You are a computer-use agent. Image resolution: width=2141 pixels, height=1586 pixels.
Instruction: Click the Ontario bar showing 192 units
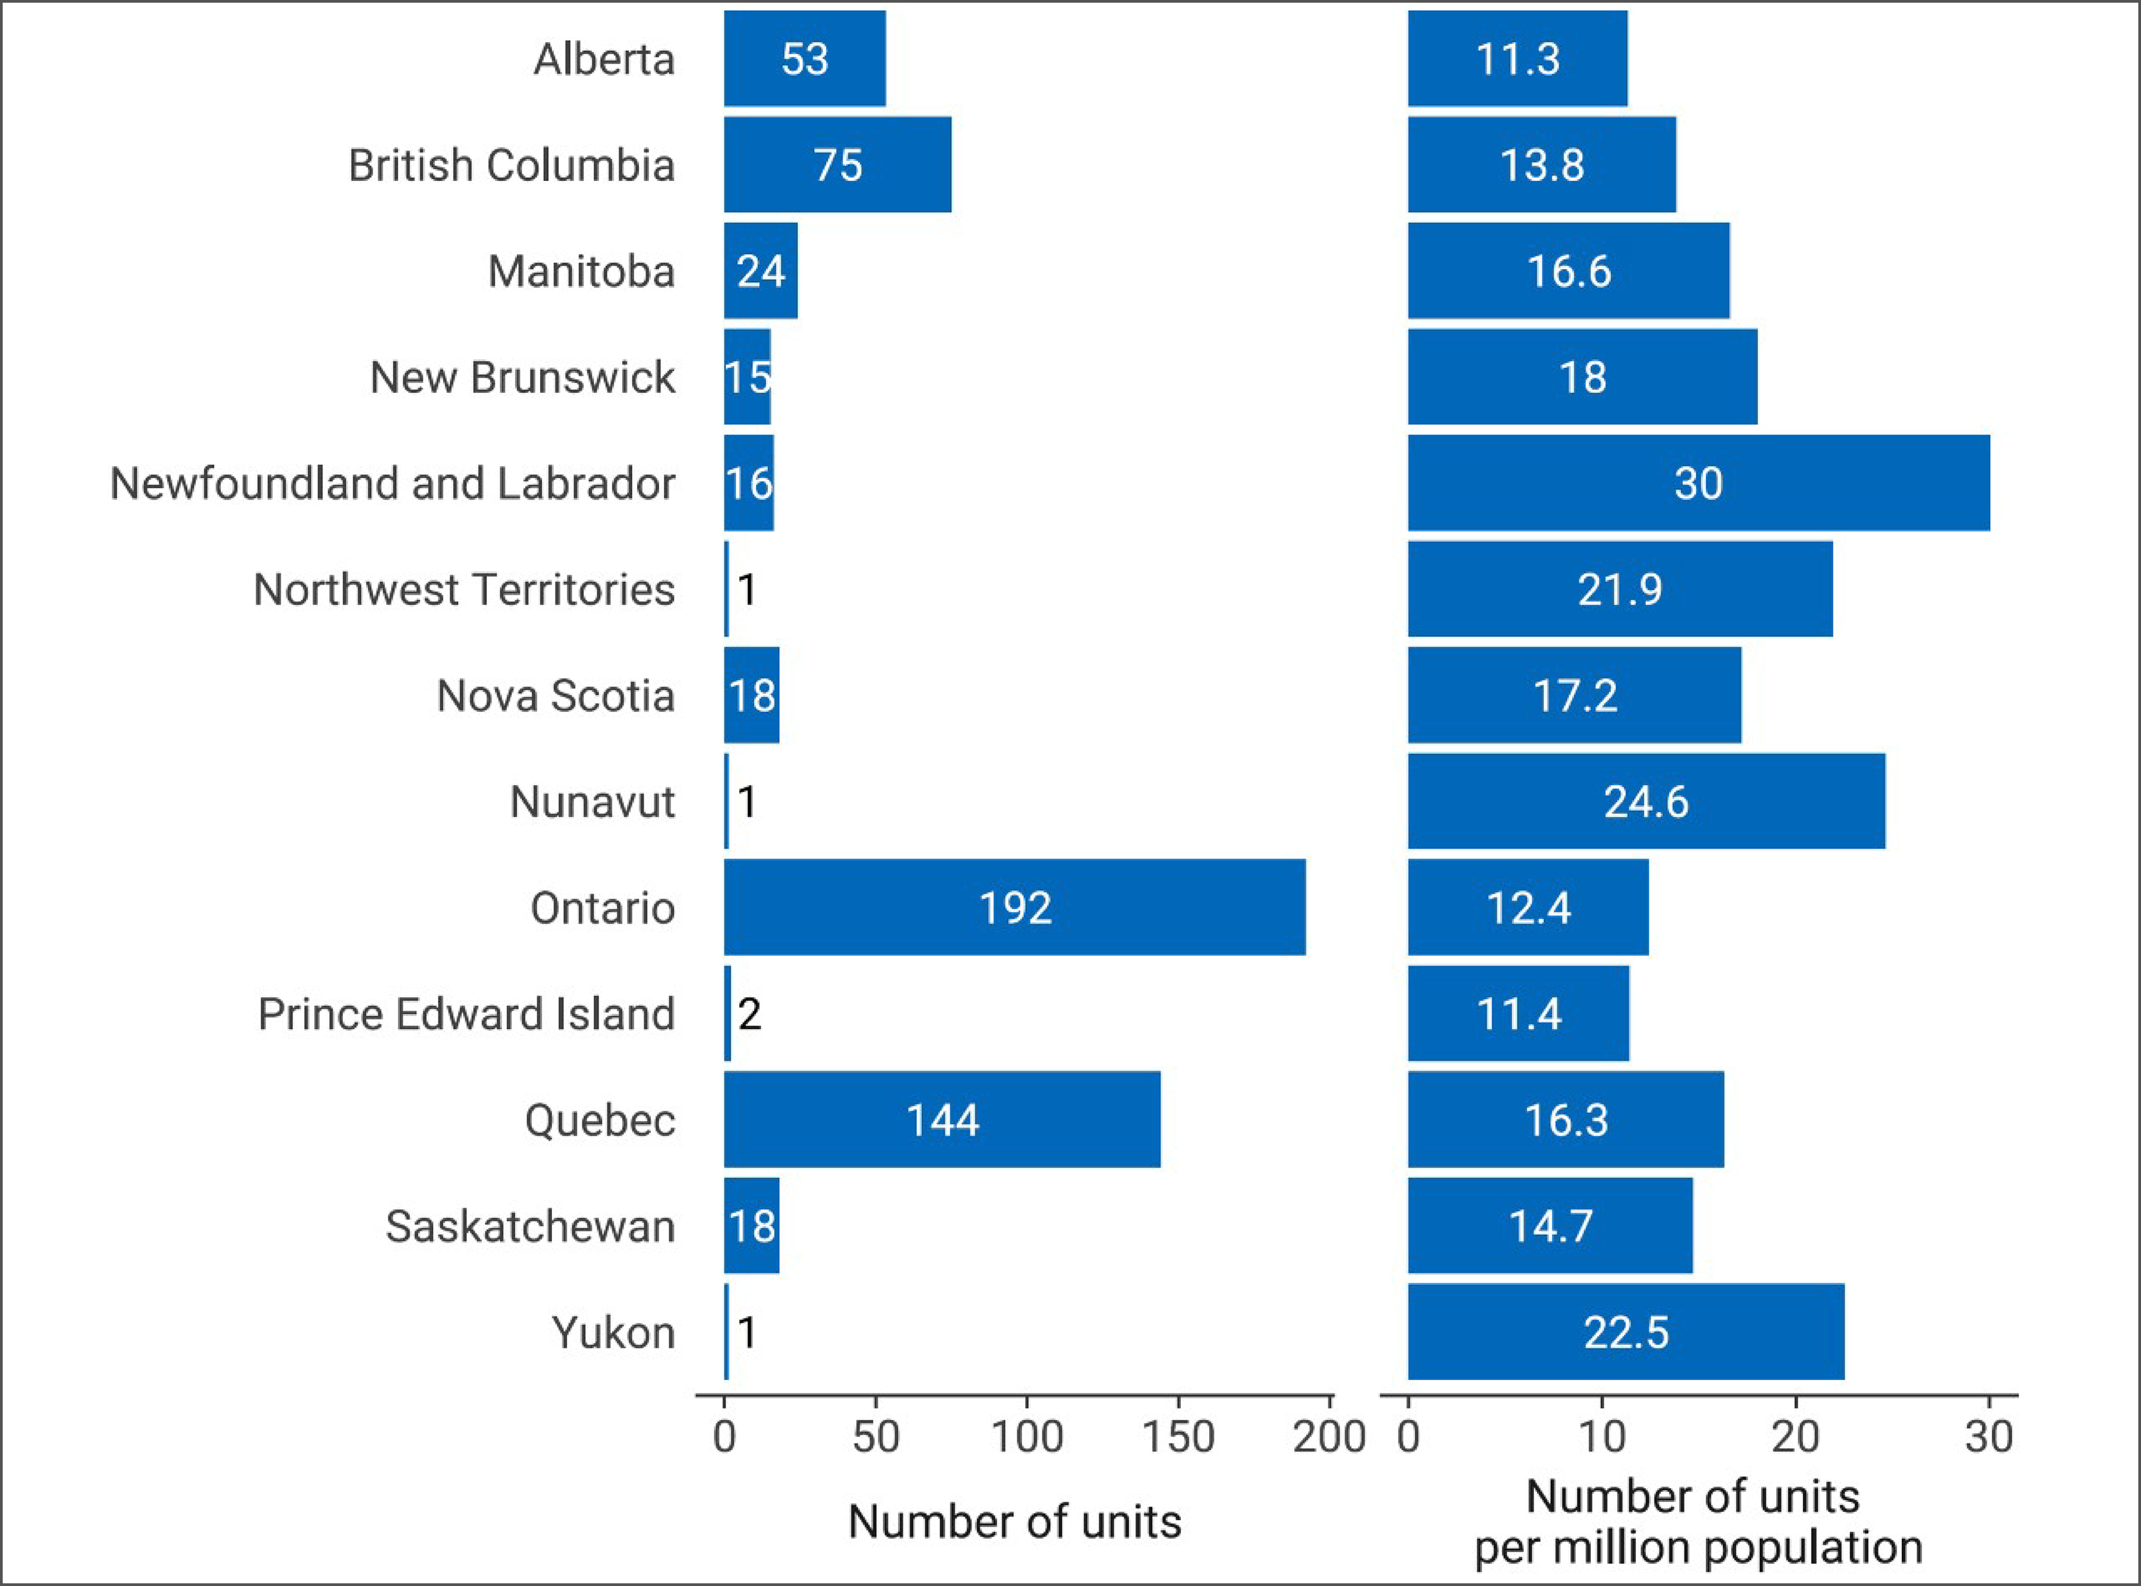tap(1015, 907)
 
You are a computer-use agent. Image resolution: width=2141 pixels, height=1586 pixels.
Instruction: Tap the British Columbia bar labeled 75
tap(837, 164)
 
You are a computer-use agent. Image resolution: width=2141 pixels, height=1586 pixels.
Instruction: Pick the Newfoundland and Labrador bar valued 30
tap(1698, 483)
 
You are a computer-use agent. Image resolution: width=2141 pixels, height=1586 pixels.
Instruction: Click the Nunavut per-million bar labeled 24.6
tap(1645, 801)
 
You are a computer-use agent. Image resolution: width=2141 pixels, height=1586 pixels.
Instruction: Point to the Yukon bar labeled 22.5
tap(1625, 1332)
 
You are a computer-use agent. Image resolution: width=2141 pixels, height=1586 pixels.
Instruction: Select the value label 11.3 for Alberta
tap(1518, 59)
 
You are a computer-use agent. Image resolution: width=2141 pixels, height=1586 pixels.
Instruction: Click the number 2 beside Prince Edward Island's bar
tap(749, 1015)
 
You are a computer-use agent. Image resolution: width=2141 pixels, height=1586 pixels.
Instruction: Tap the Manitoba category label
tap(581, 272)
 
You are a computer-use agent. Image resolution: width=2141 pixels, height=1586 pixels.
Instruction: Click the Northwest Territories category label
tap(464, 589)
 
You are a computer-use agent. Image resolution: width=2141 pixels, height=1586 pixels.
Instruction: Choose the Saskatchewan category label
tap(531, 1226)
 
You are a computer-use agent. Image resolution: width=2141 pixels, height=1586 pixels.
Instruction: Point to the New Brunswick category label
tap(522, 377)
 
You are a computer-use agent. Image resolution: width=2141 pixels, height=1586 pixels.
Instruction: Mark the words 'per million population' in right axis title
tap(1698, 1548)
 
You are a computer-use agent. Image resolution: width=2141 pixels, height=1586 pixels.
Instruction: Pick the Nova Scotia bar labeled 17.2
tap(1574, 695)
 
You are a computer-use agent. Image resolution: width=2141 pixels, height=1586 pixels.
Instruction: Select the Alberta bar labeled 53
tap(804, 59)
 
